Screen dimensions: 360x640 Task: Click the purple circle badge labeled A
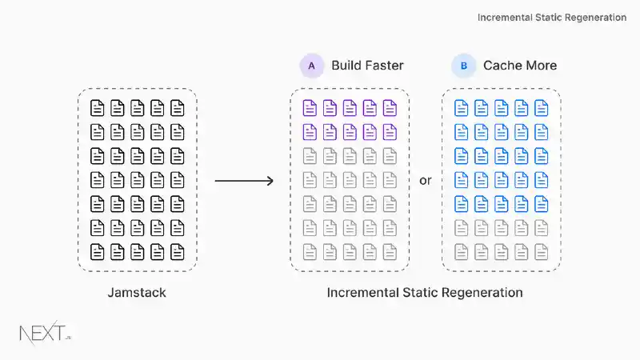tap(311, 66)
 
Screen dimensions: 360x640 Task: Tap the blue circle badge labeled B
tap(463, 66)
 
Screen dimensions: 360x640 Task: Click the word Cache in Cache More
tap(502, 66)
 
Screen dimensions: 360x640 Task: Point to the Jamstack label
tap(137, 293)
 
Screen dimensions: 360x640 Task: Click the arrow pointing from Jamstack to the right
tap(244, 181)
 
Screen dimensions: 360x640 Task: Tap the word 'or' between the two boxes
tap(426, 181)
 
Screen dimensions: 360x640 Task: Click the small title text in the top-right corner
tap(552, 17)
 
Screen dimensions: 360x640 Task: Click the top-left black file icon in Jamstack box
tap(98, 108)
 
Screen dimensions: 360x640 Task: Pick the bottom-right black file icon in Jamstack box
tap(177, 252)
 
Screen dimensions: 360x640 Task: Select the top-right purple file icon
tap(390, 108)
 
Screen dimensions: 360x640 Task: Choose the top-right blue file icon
tap(542, 108)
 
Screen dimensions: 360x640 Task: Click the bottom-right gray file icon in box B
tap(542, 252)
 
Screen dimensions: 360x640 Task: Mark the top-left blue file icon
tap(462, 108)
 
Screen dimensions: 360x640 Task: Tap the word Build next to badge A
tap(346, 66)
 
